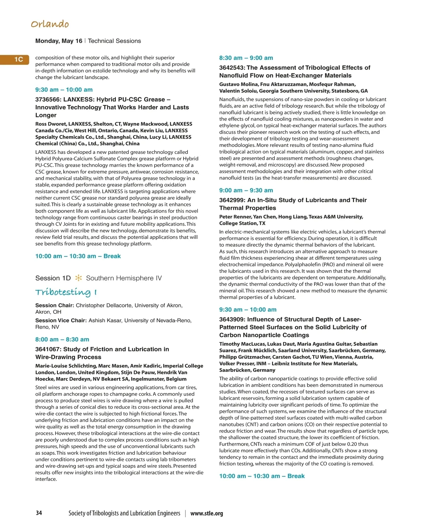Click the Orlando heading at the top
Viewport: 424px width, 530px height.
click(x=50, y=24)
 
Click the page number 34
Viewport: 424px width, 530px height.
click(x=39, y=513)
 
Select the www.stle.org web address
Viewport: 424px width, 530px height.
click(x=207, y=513)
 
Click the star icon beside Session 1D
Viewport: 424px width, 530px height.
click(x=78, y=278)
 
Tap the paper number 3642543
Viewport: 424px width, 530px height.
click(x=232, y=67)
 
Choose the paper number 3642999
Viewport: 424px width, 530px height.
click(x=232, y=200)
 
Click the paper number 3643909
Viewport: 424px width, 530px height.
click(x=232, y=319)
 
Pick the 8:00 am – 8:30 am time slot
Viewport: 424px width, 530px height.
click(x=62, y=340)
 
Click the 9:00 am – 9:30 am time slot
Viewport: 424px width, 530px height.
click(x=246, y=190)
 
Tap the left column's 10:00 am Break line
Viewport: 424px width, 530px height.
click(x=78, y=256)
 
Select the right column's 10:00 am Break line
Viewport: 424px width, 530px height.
click(x=262, y=476)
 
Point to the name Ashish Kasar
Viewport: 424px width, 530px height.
click(x=105, y=320)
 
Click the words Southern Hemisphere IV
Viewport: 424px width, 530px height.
click(x=124, y=278)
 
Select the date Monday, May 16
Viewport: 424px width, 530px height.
click(x=59, y=41)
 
